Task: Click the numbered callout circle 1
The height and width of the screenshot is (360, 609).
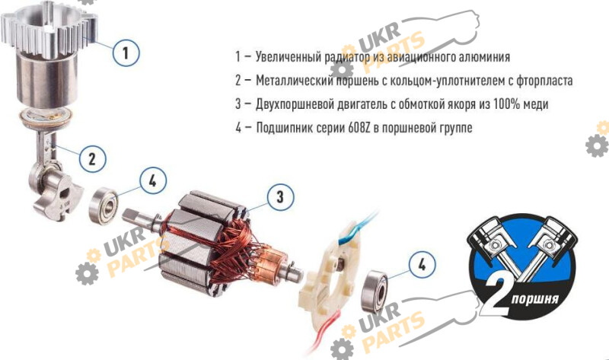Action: click(x=126, y=53)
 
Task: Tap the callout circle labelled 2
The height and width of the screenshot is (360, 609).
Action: click(x=92, y=159)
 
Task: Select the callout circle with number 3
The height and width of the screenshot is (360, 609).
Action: click(x=280, y=197)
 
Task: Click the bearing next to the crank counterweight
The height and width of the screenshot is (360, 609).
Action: click(x=104, y=205)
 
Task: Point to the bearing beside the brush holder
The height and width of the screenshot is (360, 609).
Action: click(x=375, y=291)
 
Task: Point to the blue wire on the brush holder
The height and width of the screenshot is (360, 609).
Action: click(x=358, y=230)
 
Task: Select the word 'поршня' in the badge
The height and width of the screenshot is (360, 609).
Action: click(x=535, y=299)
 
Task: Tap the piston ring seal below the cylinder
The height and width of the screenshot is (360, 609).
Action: click(x=46, y=118)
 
